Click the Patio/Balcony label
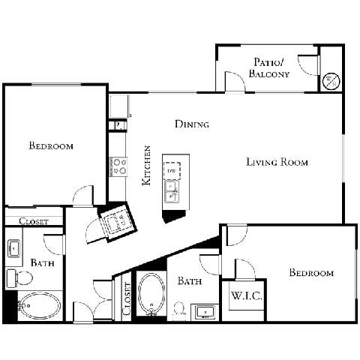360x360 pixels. point(268,67)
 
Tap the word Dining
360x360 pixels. point(192,124)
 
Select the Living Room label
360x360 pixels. point(277,162)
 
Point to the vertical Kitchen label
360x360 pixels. point(147,166)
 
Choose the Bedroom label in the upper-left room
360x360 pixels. point(51,145)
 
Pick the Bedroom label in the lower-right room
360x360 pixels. point(311,272)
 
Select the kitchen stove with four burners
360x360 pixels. point(118,165)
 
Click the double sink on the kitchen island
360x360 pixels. point(172,194)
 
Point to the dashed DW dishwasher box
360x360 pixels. point(172,170)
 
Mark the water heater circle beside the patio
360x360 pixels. point(330,79)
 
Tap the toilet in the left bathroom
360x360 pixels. point(20,279)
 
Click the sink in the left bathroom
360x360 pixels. point(13,248)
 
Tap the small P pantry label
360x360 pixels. point(117,125)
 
